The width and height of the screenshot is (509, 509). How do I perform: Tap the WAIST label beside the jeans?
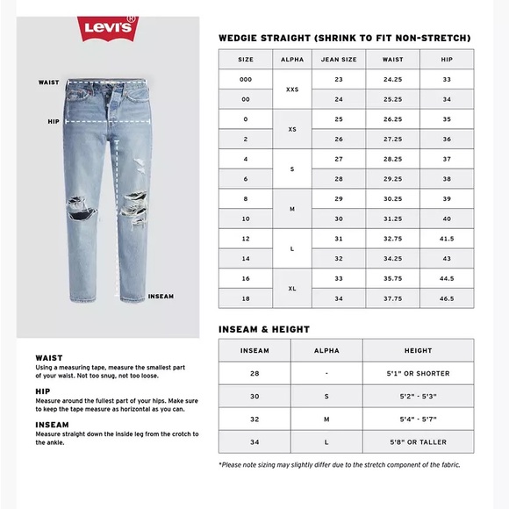[x=49, y=82]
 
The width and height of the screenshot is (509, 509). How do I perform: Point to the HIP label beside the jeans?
[x=53, y=122]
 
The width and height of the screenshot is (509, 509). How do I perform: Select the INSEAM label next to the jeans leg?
[x=161, y=297]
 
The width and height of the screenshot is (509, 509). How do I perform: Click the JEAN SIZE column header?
[x=340, y=60]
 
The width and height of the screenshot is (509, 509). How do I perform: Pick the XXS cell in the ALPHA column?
[x=292, y=90]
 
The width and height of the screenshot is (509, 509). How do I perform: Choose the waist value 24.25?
[x=392, y=80]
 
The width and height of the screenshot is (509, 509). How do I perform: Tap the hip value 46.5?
[x=447, y=299]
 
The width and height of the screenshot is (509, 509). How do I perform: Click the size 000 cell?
[x=246, y=80]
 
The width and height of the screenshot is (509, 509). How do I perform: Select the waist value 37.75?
[x=392, y=299]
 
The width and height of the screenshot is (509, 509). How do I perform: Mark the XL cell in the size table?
[x=292, y=289]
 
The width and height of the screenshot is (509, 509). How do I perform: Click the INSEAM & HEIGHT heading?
[x=264, y=330]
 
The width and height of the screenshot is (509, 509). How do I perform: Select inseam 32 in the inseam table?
[x=254, y=419]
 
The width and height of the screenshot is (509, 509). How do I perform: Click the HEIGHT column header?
[x=418, y=349]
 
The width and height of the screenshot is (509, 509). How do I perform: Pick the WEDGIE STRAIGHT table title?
[x=344, y=39]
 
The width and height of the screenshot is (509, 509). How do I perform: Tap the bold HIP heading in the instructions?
[x=41, y=391]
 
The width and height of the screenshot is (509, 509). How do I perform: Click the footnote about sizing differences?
[x=339, y=464]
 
